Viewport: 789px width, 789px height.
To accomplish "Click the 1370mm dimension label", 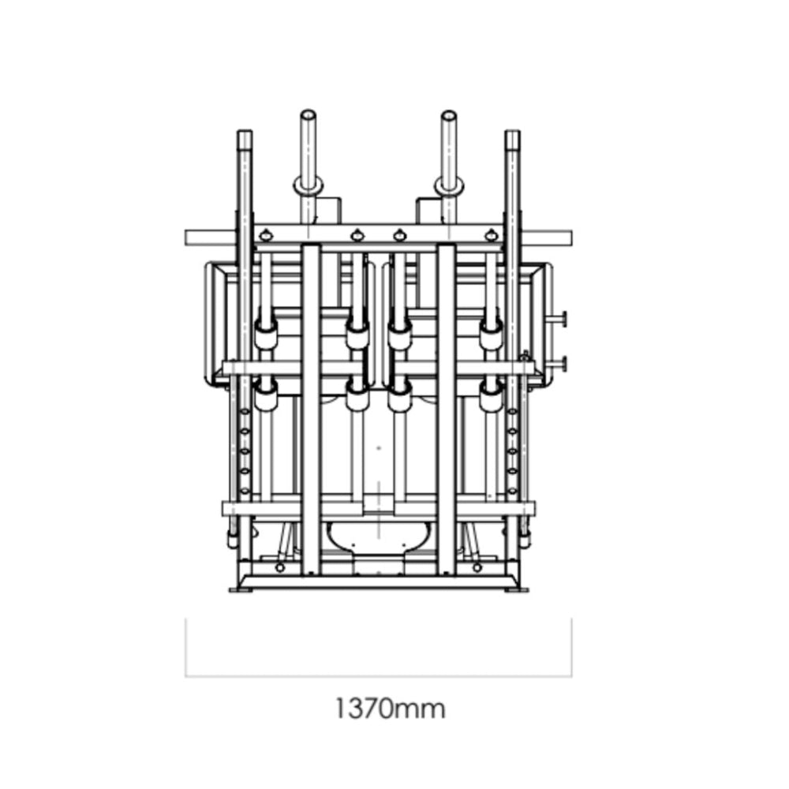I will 389,708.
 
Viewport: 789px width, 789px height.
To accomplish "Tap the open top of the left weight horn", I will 308,115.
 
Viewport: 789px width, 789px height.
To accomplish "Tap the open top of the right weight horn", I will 449,115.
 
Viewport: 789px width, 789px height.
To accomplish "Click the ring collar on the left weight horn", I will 308,186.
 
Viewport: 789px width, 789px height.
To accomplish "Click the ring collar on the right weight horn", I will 449,186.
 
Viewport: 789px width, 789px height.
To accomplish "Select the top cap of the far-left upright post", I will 245,134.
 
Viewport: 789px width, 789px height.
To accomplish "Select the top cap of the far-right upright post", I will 512,134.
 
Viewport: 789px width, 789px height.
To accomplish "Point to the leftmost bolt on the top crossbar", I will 266,233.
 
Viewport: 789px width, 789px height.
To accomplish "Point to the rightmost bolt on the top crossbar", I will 492,233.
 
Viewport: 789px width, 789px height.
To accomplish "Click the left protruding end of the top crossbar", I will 197,237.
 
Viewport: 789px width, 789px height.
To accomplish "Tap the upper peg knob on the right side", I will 563,318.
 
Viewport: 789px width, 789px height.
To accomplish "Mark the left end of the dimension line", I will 186,676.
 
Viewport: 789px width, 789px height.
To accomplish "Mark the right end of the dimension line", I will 571,676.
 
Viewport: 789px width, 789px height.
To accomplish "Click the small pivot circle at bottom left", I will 280,567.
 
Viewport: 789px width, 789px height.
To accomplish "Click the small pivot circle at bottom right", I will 478,567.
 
